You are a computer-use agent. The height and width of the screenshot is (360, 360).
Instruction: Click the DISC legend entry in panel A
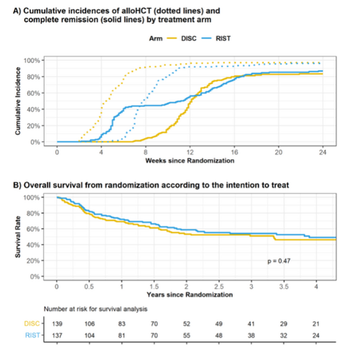pyautogui.click(x=181, y=42)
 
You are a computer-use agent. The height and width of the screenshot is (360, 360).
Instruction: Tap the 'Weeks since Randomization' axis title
pyautogui.click(x=189, y=162)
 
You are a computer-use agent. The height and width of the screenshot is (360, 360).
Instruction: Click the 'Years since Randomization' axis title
pyautogui.click(x=189, y=294)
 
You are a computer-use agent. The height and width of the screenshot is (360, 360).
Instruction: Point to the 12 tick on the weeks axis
pyautogui.click(x=190, y=153)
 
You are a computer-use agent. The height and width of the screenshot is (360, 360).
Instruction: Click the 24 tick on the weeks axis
pyautogui.click(x=323, y=153)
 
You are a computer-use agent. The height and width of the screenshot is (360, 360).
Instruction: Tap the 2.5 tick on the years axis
pyautogui.click(x=218, y=286)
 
